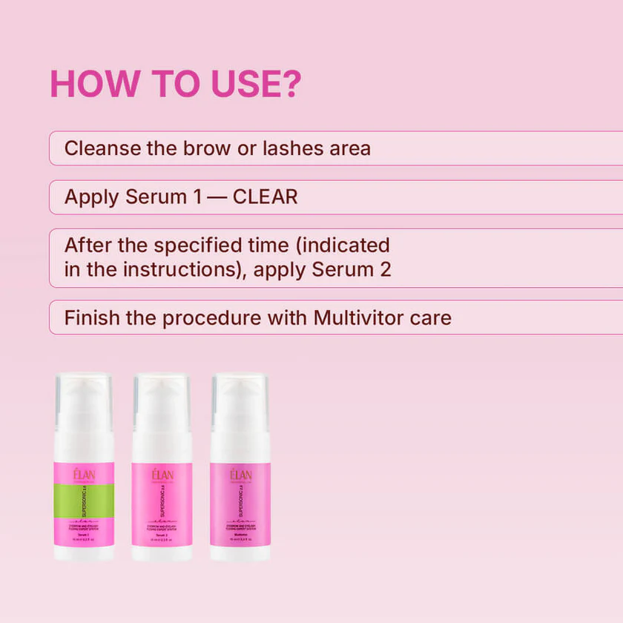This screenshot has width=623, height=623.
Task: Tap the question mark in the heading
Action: click(x=288, y=85)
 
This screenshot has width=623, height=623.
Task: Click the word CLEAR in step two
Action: click(x=265, y=197)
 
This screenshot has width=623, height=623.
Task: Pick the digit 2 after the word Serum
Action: click(x=384, y=269)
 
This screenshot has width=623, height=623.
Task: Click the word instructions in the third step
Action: click(x=178, y=269)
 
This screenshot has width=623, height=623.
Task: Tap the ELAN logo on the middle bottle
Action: click(x=162, y=475)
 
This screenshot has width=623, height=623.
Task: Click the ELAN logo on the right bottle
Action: click(x=240, y=475)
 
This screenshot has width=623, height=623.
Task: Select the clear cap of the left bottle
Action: click(x=83, y=392)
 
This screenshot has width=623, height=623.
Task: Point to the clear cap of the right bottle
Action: click(x=240, y=392)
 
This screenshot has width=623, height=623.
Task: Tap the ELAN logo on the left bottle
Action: click(x=83, y=475)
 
